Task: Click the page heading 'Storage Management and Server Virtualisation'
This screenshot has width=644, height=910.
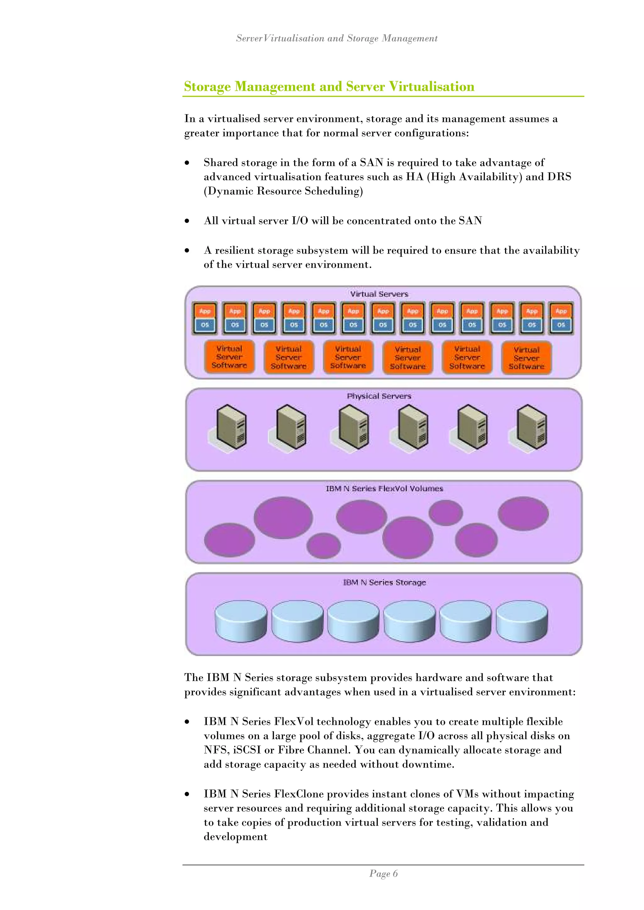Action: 329,86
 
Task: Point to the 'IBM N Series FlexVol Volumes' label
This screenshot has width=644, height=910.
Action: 384,489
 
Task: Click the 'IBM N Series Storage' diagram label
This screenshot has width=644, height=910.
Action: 384,582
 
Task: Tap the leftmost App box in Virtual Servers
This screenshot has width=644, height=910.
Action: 205,311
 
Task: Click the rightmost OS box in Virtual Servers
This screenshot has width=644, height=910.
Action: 561,325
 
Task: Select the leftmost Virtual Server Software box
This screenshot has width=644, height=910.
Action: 229,357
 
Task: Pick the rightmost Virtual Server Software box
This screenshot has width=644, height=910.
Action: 526,358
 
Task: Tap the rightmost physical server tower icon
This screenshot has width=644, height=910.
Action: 531,426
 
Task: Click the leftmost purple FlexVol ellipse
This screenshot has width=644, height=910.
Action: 229,540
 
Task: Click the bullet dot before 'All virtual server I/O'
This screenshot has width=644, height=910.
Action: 187,221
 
